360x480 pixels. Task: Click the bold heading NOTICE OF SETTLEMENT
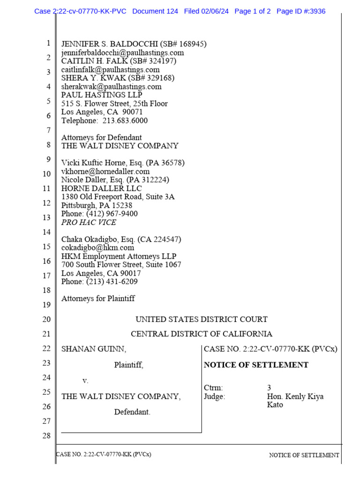coord(256,365)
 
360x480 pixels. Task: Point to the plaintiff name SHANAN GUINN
coord(94,349)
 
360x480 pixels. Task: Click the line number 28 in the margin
coord(46,436)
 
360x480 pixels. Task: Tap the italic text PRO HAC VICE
coord(89,222)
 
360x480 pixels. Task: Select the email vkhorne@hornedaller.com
coord(105,172)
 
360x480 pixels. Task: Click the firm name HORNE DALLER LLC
coord(101,188)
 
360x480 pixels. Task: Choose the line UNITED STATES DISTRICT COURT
coord(202,320)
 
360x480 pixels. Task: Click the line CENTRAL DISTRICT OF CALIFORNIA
coord(202,334)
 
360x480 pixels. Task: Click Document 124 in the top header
coord(155,11)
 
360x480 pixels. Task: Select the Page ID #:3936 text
coord(301,11)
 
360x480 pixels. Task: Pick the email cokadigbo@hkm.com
coord(97,247)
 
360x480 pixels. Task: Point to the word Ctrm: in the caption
coord(214,388)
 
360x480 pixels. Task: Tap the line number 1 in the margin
coord(48,44)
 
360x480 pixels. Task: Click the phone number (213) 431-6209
coord(111,282)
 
